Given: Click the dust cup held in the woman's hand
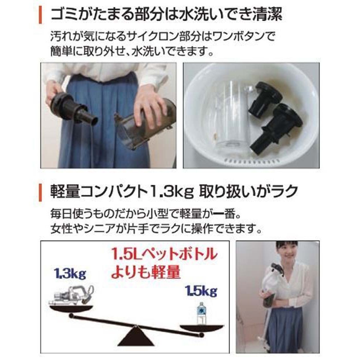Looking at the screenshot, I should [144, 122].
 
